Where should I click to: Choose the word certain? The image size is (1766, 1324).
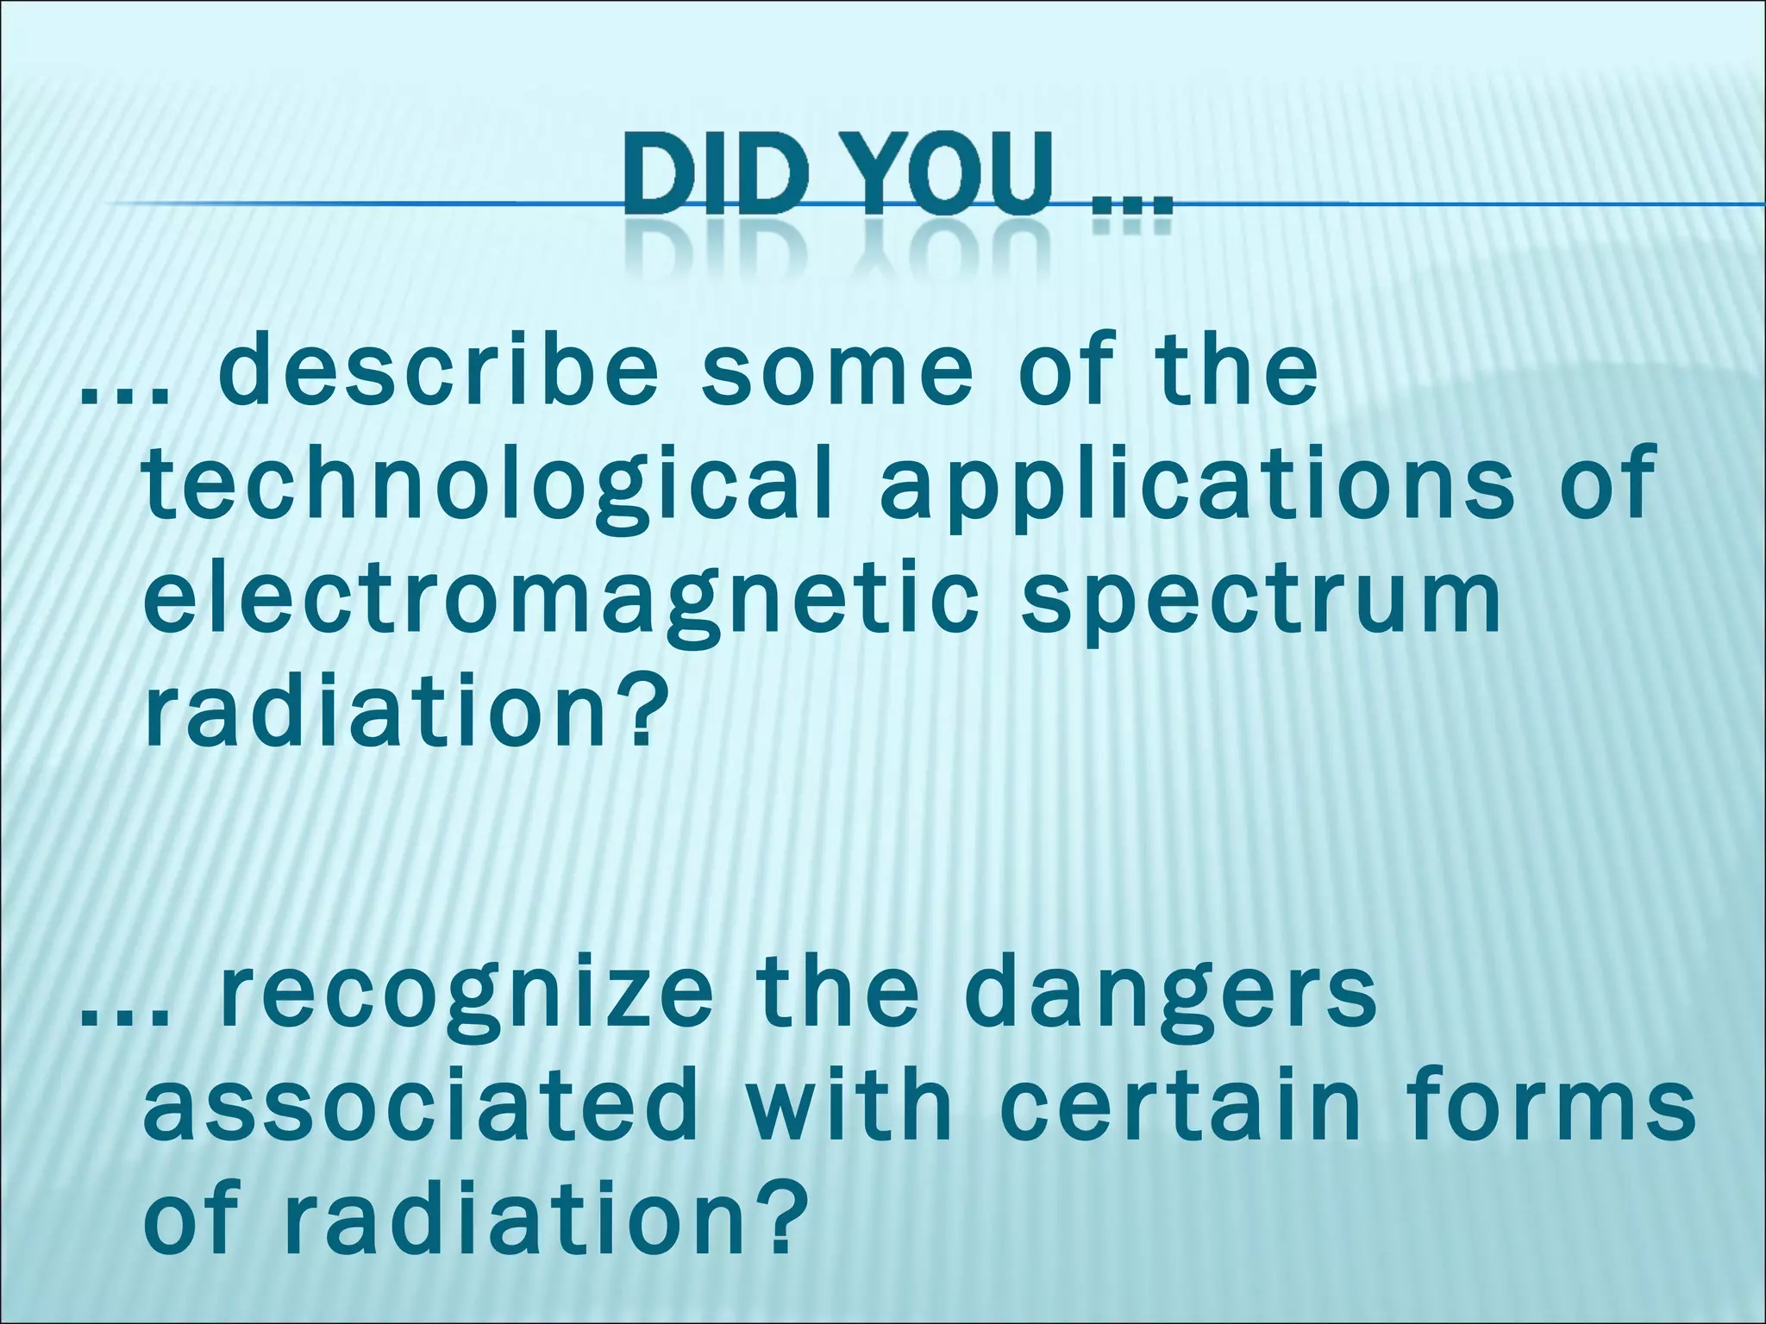[1181, 1102]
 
